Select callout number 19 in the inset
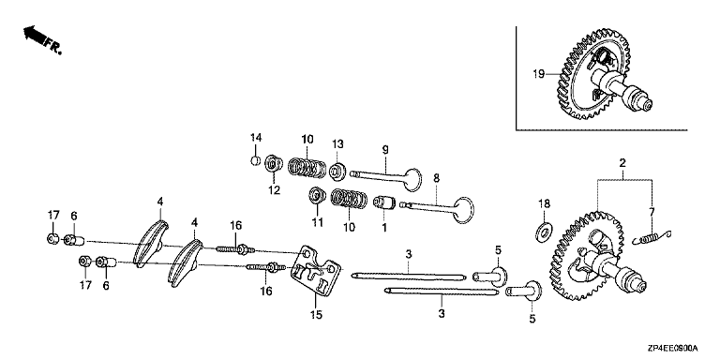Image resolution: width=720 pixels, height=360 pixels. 540,73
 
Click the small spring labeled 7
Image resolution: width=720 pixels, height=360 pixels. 652,238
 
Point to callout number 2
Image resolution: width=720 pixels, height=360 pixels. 622,163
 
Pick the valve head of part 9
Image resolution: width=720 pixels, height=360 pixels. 412,180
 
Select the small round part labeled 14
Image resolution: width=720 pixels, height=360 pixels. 256,160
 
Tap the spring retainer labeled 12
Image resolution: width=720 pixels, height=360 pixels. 274,164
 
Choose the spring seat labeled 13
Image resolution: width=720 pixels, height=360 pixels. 337,171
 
